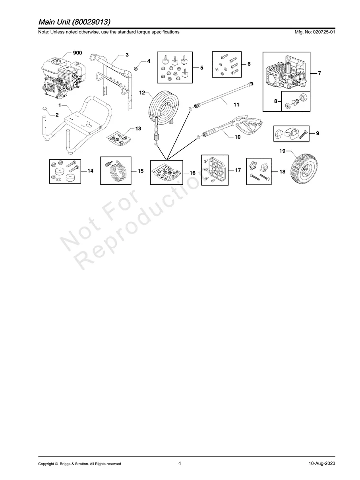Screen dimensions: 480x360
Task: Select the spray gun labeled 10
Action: pyautogui.click(x=234, y=126)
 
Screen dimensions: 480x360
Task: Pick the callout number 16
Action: pyautogui.click(x=192, y=173)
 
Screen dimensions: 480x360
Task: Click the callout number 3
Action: pyautogui.click(x=127, y=54)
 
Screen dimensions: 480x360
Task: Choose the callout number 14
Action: pyautogui.click(x=91, y=171)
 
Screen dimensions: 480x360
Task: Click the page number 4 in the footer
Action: pyautogui.click(x=180, y=463)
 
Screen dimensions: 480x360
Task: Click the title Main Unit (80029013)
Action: pyautogui.click(x=74, y=21)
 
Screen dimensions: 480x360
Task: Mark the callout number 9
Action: pyautogui.click(x=317, y=134)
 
